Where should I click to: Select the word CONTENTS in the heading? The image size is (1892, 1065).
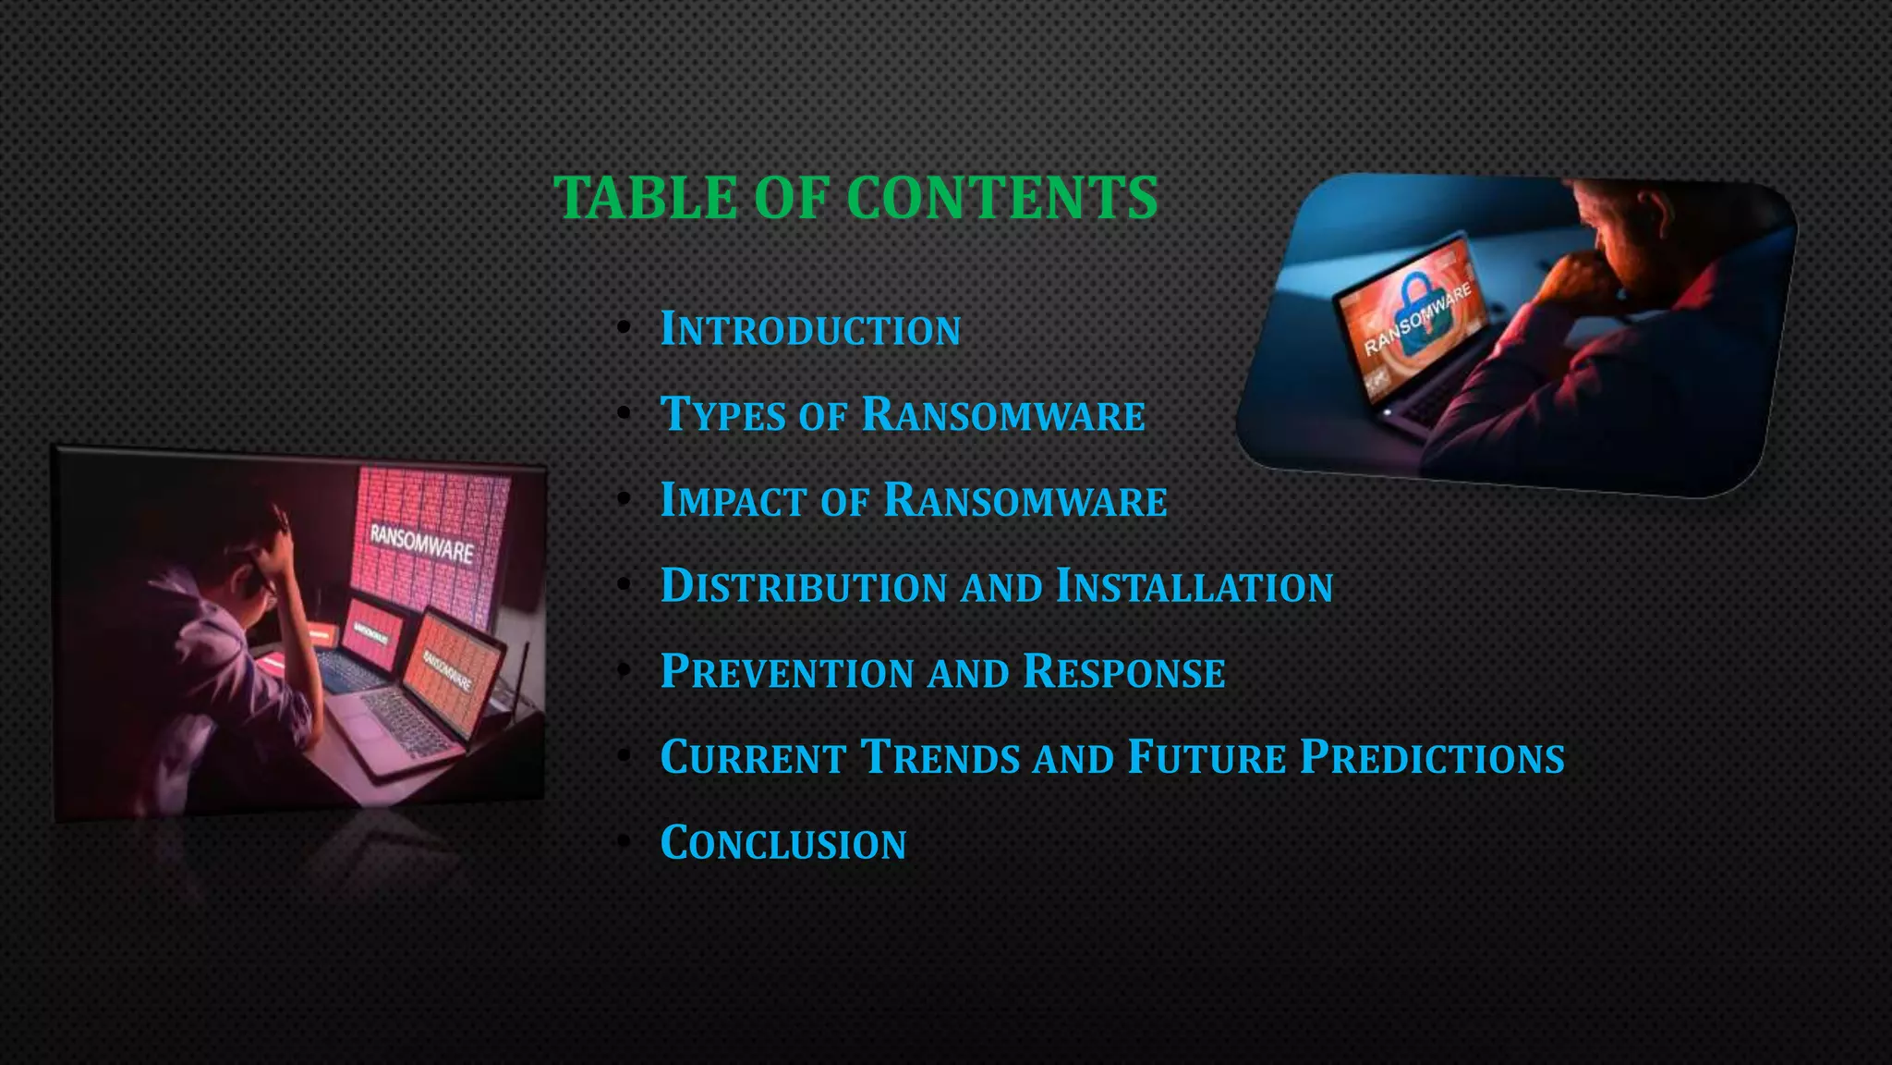coord(1001,198)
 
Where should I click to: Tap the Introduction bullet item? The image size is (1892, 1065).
coord(810,330)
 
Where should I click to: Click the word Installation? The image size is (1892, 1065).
coord(1194,586)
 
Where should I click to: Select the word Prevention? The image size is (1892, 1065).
coord(787,672)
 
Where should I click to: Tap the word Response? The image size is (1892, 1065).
coord(1123,672)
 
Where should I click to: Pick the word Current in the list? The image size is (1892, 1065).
coord(753,757)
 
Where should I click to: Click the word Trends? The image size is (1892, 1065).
coord(940,757)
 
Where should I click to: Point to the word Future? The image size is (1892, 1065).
coord(1207,757)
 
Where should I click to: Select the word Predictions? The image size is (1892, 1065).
coord(1432,757)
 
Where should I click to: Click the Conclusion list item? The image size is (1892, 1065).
coord(783,843)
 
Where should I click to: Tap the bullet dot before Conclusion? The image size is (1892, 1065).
coord(625,842)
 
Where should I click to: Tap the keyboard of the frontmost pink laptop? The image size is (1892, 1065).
coord(406,721)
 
